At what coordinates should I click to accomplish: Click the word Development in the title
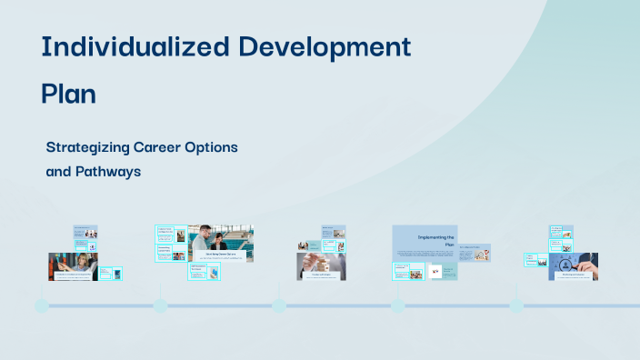pyautogui.click(x=334, y=46)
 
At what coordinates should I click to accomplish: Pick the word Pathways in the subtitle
pyautogui.click(x=109, y=171)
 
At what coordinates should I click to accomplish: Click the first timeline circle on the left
pyautogui.click(x=41, y=305)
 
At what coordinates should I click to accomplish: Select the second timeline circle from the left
pyautogui.click(x=160, y=305)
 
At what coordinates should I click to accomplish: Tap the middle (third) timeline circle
pyautogui.click(x=278, y=305)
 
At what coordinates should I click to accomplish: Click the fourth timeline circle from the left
pyautogui.click(x=397, y=305)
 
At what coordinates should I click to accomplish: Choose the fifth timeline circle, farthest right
pyautogui.click(x=516, y=305)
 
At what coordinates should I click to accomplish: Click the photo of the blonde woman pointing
pyautogui.click(x=73, y=265)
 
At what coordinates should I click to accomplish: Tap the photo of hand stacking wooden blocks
pyautogui.click(x=320, y=265)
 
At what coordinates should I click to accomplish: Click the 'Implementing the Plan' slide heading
pyautogui.click(x=435, y=241)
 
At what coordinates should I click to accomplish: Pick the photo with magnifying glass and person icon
pyautogui.click(x=573, y=265)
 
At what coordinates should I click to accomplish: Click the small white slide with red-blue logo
pyautogui.click(x=435, y=271)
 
